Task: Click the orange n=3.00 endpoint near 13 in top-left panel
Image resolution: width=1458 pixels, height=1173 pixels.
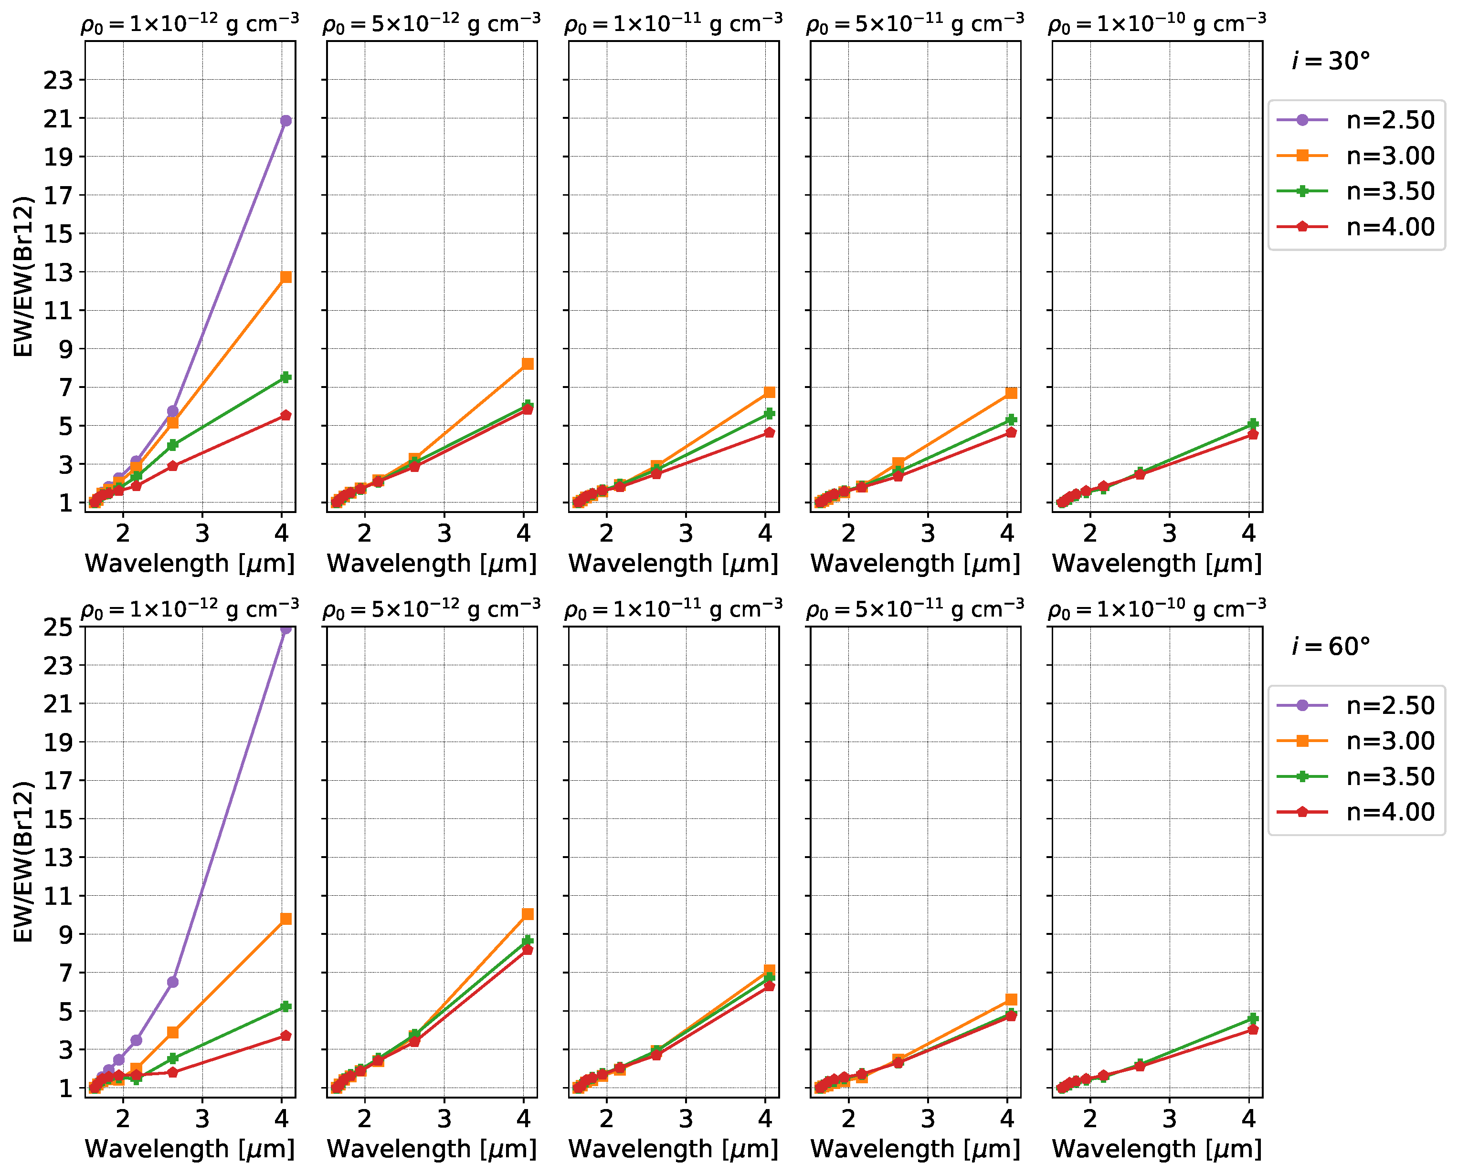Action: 285,277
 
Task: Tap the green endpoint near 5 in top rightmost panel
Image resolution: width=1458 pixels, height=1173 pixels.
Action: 1252,424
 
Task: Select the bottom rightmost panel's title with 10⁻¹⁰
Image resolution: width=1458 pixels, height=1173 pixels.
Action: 1156,610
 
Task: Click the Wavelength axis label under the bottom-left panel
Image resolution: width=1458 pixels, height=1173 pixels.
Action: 190,1149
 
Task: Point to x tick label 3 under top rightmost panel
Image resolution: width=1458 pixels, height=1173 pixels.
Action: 1169,534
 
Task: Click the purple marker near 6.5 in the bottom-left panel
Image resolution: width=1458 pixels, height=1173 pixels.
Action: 172,982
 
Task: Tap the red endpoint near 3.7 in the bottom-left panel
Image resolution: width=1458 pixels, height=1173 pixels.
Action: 285,1036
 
